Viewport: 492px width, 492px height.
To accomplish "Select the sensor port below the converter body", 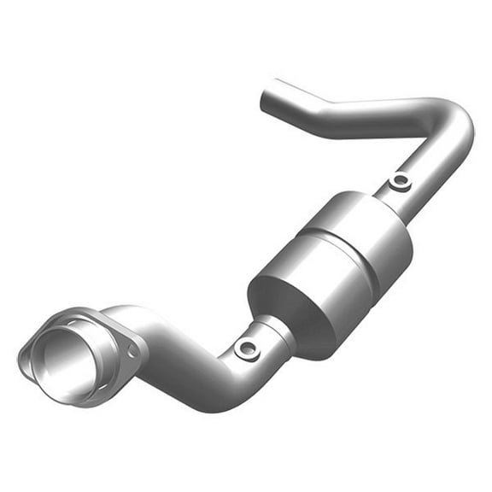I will click(x=247, y=347).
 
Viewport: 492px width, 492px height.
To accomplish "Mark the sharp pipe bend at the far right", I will click(x=460, y=128).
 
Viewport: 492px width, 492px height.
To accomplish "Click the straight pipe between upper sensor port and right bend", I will click(x=436, y=167).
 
